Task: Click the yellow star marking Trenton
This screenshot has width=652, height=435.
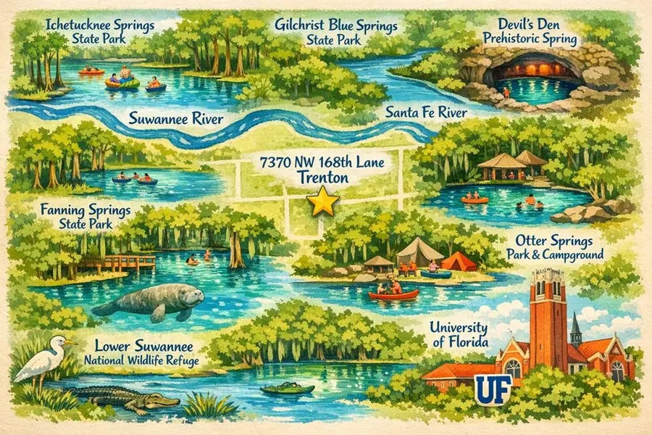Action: click(323, 202)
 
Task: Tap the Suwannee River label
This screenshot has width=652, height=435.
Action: click(175, 118)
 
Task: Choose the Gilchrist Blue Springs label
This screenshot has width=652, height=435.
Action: click(336, 31)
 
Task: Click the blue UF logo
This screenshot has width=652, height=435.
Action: click(490, 388)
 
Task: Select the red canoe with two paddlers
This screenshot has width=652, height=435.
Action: click(393, 292)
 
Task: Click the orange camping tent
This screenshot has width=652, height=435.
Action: click(458, 261)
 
